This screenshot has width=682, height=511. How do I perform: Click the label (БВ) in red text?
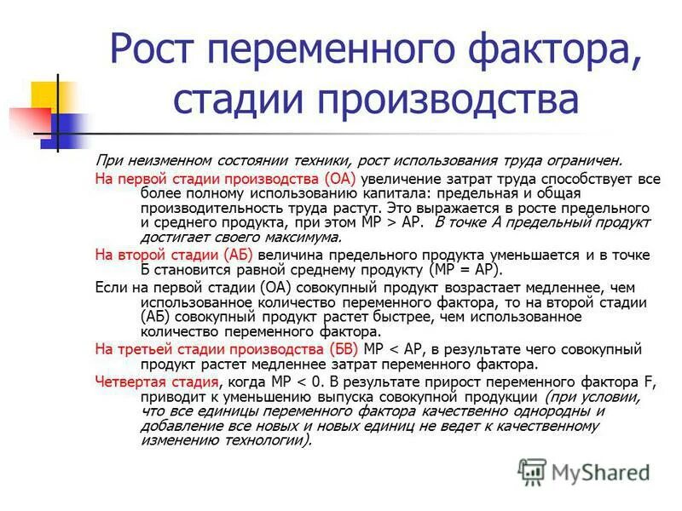tap(340, 349)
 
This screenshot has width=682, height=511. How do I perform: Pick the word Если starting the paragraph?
tap(108, 286)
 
